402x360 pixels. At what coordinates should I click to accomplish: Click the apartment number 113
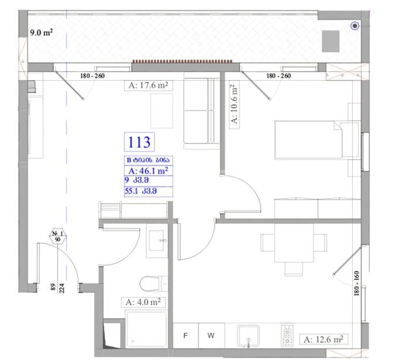[139, 142]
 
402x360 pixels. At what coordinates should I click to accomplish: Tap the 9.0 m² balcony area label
[41, 33]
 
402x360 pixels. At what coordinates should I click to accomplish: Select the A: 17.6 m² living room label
[148, 85]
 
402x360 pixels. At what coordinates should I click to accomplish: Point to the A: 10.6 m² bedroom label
[234, 104]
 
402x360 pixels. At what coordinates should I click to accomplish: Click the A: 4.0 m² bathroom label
[143, 302]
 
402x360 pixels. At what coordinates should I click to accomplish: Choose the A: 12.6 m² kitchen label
[323, 340]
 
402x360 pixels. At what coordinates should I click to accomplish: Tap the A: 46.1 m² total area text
[148, 171]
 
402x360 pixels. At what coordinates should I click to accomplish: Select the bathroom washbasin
[156, 241]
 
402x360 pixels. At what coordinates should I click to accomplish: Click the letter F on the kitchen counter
[185, 335]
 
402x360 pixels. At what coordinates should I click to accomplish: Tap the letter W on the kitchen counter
[211, 335]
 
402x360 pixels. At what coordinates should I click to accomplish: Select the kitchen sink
[248, 335]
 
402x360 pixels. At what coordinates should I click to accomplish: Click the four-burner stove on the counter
[287, 335]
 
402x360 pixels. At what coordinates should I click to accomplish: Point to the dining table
[294, 242]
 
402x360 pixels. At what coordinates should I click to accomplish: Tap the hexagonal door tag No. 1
[57, 236]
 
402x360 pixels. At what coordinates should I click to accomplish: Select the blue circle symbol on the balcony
[355, 26]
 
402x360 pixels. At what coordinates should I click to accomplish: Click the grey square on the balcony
[331, 41]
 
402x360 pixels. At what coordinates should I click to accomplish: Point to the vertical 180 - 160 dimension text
[356, 283]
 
